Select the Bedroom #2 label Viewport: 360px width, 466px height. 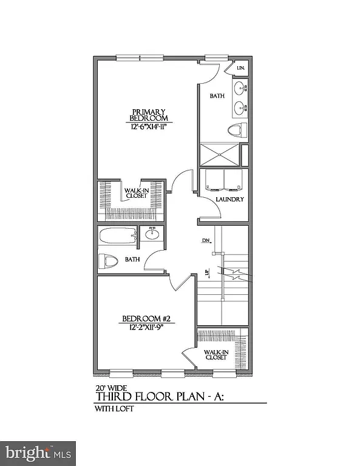click(145, 319)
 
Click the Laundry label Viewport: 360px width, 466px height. click(230, 200)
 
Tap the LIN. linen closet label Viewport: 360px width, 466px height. click(240, 69)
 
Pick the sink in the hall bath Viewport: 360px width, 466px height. click(152, 234)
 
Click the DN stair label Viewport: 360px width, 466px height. click(205, 241)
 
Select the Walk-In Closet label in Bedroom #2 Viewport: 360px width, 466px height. click(217, 354)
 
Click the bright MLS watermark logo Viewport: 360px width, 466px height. click(39, 453)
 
